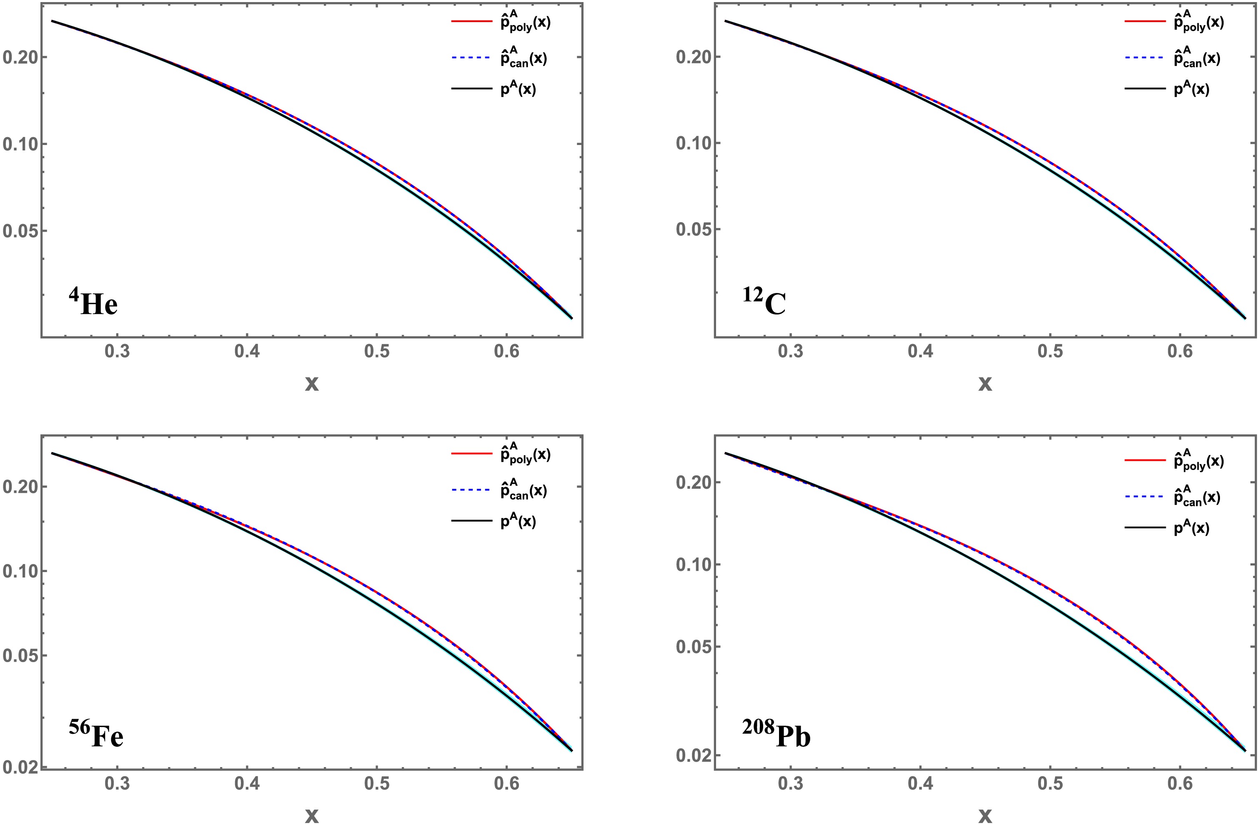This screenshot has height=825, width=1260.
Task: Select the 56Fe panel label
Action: pos(96,734)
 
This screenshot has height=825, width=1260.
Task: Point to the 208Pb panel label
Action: pos(776,734)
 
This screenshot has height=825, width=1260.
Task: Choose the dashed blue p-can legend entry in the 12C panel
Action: pos(1172,57)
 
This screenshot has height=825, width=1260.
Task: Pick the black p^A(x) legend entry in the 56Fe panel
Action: pos(493,521)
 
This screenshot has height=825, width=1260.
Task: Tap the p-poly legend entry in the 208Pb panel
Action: pos(1174,460)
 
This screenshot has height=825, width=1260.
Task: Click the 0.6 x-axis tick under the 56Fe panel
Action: pos(507,784)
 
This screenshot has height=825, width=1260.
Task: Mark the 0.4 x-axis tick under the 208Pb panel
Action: pos(921,784)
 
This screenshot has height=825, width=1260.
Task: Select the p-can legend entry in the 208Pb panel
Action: pos(1172,496)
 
